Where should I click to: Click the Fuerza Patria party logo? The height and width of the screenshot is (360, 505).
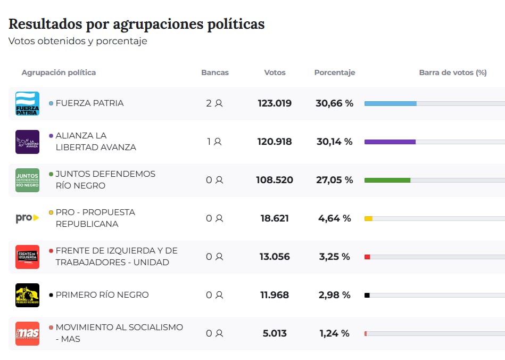click(27, 103)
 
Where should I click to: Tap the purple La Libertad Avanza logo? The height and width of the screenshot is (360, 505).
click(27, 142)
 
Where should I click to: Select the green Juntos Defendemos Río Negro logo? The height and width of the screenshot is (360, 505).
click(27, 180)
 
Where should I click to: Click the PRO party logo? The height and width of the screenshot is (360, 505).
click(27, 218)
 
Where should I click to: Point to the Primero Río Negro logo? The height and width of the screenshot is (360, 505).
click(27, 295)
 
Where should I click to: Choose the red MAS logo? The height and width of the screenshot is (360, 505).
click(27, 333)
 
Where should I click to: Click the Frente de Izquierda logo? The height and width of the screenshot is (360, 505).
click(27, 257)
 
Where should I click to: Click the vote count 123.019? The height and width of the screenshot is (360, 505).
click(275, 103)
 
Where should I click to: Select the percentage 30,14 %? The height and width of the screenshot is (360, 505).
click(334, 142)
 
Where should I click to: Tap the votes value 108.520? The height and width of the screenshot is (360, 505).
click(275, 180)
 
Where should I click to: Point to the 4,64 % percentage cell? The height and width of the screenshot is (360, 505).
click(334, 218)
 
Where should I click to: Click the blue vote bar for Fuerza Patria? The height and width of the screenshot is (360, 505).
click(390, 103)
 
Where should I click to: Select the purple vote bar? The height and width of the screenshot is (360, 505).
click(390, 142)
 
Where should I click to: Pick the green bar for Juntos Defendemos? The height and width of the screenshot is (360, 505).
click(387, 180)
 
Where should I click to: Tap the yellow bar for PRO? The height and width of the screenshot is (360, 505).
click(368, 218)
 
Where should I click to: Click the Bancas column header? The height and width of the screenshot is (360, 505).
click(215, 72)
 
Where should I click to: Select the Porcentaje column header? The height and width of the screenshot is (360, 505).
click(334, 72)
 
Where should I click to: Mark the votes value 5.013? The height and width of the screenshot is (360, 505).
click(275, 333)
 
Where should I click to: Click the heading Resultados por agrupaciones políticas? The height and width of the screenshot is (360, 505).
click(136, 24)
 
